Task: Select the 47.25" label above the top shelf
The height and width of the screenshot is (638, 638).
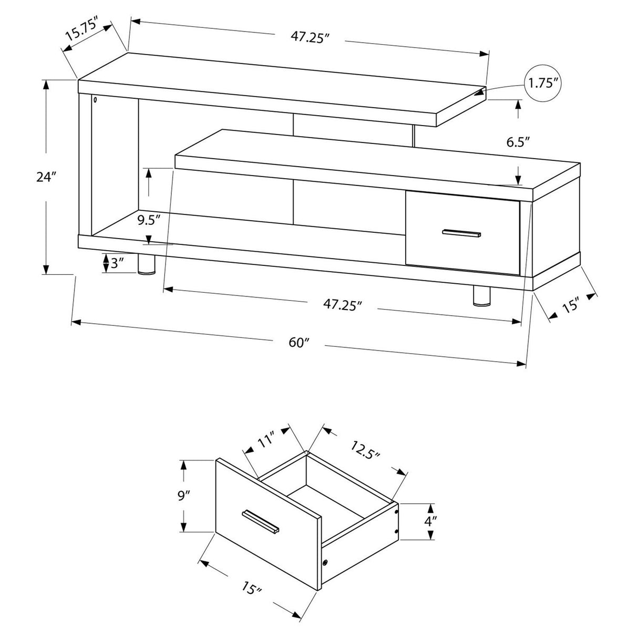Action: (310, 38)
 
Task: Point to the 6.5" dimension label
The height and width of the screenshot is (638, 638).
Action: (518, 141)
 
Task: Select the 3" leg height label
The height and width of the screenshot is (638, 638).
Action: (117, 263)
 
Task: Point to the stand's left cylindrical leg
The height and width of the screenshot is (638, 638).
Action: (147, 265)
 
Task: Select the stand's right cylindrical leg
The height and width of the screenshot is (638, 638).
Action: (481, 295)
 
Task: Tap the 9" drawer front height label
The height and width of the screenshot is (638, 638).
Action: (183, 496)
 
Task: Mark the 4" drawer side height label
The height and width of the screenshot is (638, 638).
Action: (431, 521)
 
